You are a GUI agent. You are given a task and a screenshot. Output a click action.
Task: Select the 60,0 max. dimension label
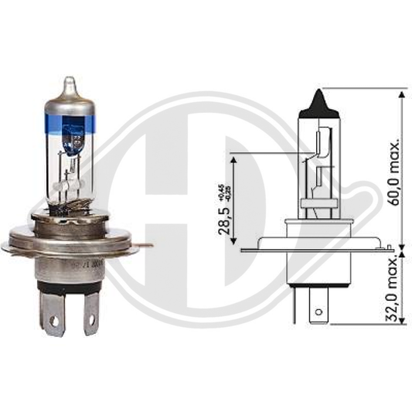395,172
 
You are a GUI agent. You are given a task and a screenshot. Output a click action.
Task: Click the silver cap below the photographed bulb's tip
70,104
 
